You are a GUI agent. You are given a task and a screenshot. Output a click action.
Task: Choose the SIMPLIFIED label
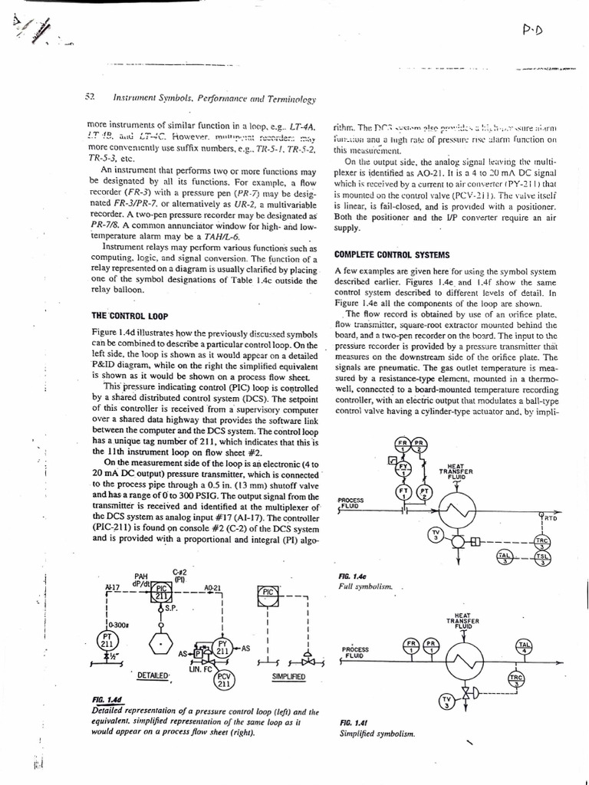[x=288, y=678]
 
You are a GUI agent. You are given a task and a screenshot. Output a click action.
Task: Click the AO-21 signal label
[x=212, y=588]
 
